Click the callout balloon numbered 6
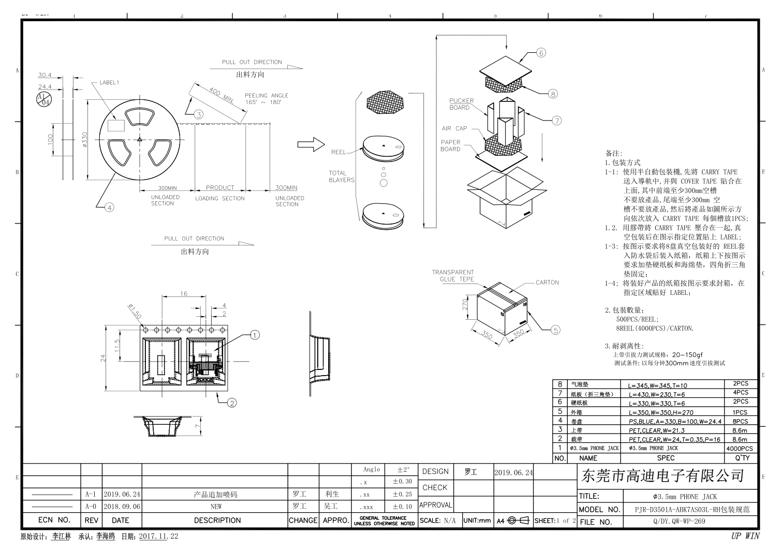[x=541, y=53]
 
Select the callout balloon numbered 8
[x=553, y=94]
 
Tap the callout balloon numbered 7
[x=556, y=121]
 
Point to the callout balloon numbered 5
[x=555, y=330]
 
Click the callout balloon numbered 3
[x=198, y=114]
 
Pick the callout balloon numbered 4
[x=109, y=207]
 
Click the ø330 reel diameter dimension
[x=84, y=139]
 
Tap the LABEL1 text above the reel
[x=109, y=83]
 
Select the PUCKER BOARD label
[x=461, y=104]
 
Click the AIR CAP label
[x=454, y=129]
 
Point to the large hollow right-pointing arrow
[x=311, y=145]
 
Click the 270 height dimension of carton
[x=465, y=304]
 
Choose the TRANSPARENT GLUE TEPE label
[x=453, y=276]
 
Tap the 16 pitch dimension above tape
[x=184, y=294]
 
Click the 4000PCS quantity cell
[x=740, y=449]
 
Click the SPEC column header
[x=666, y=458]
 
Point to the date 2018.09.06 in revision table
[x=122, y=507]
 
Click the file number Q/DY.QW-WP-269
[x=686, y=522]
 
